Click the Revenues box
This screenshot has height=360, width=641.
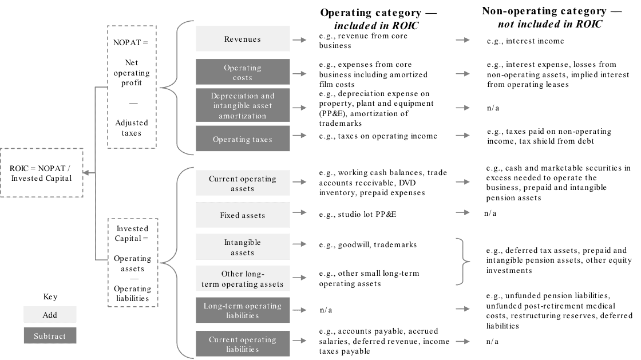[243, 39]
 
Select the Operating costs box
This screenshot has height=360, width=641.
[243, 72]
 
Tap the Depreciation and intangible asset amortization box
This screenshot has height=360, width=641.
[243, 105]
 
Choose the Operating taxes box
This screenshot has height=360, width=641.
[243, 139]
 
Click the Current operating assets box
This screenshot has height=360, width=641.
[243, 184]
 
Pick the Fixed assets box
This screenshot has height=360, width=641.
[243, 216]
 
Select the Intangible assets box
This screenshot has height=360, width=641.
[243, 247]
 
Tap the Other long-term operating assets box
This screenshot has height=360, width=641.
[243, 279]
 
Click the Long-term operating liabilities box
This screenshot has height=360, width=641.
[243, 311]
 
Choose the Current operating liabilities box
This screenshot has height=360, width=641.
[243, 344]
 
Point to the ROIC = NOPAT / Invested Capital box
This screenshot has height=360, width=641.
[41, 173]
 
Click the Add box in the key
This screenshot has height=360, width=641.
[50, 315]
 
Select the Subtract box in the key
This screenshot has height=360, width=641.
[50, 336]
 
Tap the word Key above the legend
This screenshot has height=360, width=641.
[50, 297]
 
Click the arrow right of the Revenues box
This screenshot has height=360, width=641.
[299, 40]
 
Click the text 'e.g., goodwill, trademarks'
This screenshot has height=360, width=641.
[368, 245]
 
